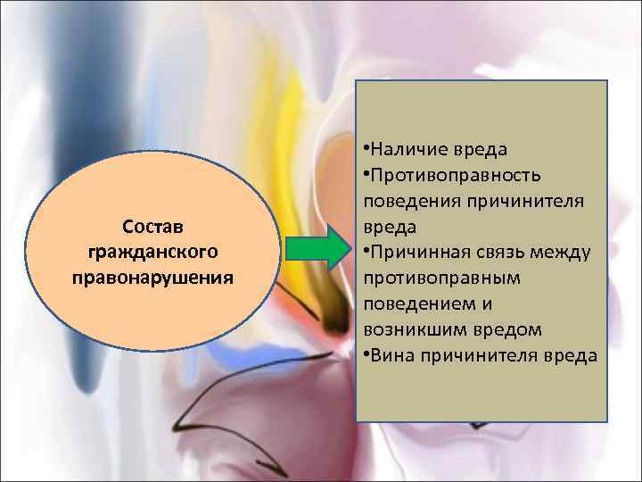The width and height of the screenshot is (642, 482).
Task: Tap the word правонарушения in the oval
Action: (152, 276)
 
